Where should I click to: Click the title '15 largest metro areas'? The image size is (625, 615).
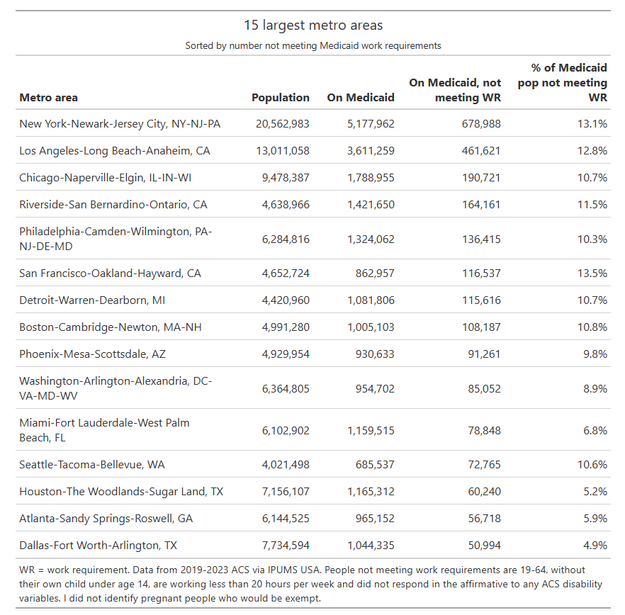pos(313,25)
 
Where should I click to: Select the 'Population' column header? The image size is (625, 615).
pos(280,98)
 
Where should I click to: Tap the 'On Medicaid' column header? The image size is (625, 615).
pos(361,98)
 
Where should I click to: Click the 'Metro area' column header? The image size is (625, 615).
pos(49,98)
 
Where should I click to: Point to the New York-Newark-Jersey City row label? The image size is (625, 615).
pos(120,124)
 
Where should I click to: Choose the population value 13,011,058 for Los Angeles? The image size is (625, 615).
pos(283,151)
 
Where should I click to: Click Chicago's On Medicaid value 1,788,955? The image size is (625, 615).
pos(371,178)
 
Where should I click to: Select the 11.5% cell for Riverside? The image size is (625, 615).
pos(592,205)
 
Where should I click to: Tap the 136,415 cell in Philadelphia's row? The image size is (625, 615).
pos(481,239)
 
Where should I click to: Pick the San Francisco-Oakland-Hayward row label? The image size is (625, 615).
pos(110,273)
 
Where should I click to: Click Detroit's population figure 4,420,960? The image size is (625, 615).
pos(286,300)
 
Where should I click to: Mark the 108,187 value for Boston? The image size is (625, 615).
pos(481,327)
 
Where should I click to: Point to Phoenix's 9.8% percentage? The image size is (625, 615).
pos(595,354)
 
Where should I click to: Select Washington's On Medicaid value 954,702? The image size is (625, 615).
pos(375,388)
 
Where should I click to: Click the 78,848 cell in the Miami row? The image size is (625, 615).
pos(484,431)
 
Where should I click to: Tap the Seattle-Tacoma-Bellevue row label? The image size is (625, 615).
pos(92,465)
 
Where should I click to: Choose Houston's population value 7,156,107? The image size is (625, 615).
pos(286,492)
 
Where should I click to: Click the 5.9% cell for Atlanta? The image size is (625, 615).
pos(595,519)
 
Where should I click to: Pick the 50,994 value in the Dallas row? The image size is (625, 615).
pos(484,546)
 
